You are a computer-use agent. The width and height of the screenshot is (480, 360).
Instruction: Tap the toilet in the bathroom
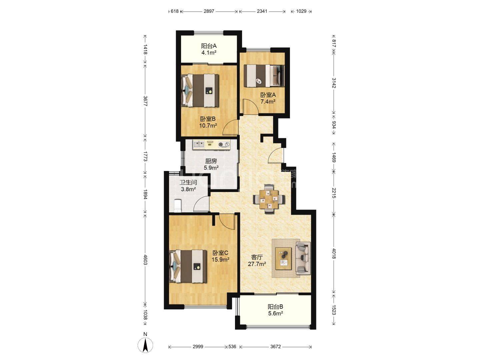point(177,205)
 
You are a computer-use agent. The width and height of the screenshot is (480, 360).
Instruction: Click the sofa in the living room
point(303,258)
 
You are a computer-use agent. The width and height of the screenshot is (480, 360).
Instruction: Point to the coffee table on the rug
point(283,259)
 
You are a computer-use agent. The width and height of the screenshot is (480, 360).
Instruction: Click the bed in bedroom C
point(188,266)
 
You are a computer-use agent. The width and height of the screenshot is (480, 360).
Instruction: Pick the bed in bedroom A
point(264,76)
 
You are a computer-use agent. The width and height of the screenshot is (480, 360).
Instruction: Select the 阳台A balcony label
point(209,46)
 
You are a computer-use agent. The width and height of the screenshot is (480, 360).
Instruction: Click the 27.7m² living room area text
point(257,264)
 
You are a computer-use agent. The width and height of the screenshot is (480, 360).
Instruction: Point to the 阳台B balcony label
point(276,307)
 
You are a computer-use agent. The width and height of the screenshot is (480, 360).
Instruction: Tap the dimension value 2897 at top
point(209,11)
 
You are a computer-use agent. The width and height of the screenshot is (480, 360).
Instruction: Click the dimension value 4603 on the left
point(145,259)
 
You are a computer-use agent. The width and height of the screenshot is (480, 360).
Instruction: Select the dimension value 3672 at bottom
point(275,346)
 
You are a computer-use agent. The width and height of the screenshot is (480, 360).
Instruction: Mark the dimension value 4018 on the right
point(334,254)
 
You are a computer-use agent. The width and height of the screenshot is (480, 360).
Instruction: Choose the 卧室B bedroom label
point(208,119)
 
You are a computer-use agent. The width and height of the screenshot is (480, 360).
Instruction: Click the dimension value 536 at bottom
point(232,346)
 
